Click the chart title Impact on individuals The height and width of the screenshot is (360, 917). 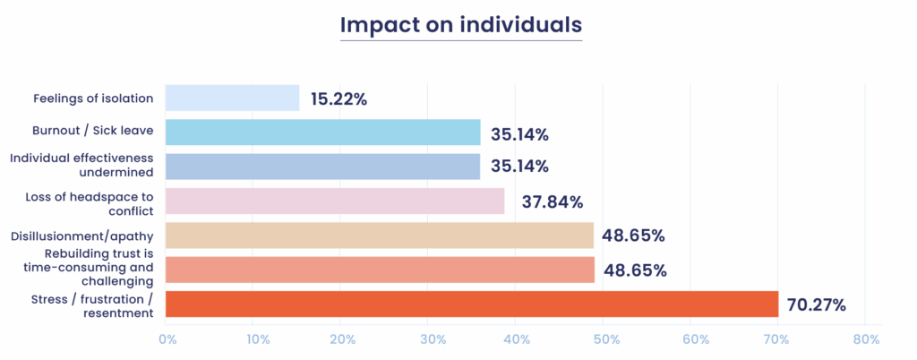pyautogui.click(x=461, y=25)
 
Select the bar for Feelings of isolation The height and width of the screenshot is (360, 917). pyautogui.click(x=233, y=99)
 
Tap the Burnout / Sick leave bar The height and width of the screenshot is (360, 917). pyautogui.click(x=323, y=133)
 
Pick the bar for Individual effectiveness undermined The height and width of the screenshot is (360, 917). pyautogui.click(x=323, y=167)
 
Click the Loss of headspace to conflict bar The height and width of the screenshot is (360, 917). pyautogui.click(x=336, y=201)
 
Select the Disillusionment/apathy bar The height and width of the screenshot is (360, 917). pyautogui.click(x=380, y=236)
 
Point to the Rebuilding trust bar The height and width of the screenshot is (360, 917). pyautogui.click(x=381, y=270)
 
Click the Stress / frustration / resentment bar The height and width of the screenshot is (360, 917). pyautogui.click(x=473, y=304)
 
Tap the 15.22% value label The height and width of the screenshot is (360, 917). pyautogui.click(x=339, y=99)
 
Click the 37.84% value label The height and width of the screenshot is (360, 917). pyautogui.click(x=545, y=202)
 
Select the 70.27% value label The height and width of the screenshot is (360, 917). pyautogui.click(x=817, y=305)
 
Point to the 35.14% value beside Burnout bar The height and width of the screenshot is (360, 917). pyautogui.click(x=519, y=134)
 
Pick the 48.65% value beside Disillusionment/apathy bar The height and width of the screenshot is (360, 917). pyautogui.click(x=634, y=236)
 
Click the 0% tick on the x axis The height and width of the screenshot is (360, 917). pyautogui.click(x=167, y=340)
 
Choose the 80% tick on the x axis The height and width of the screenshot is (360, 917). pyautogui.click(x=866, y=340)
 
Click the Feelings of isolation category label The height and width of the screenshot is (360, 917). pyautogui.click(x=93, y=99)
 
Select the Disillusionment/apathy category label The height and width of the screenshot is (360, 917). pyautogui.click(x=81, y=236)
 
